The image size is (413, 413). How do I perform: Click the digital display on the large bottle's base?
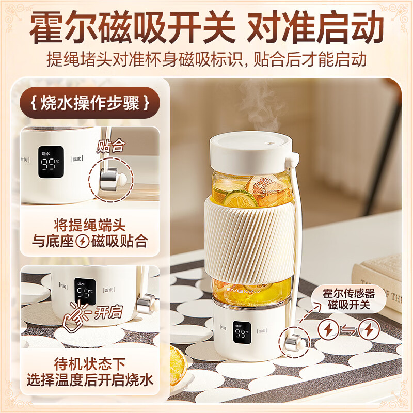[242, 335]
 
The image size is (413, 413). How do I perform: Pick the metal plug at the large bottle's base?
[292, 342]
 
